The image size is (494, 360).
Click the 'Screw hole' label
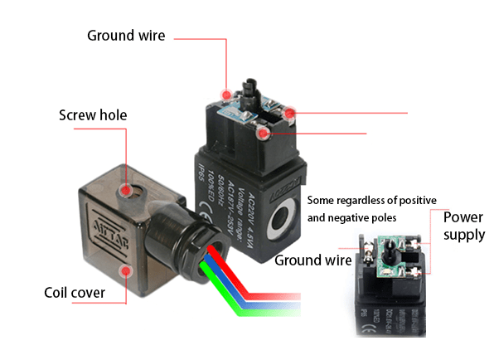(x=93, y=114)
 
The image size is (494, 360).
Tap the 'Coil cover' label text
(x=80, y=293)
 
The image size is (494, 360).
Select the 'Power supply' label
(x=463, y=226)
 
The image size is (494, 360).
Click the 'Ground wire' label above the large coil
(x=127, y=36)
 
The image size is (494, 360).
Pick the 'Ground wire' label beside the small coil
(x=309, y=260)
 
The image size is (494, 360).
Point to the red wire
(x=274, y=297)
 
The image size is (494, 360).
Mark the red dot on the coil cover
(x=126, y=270)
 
